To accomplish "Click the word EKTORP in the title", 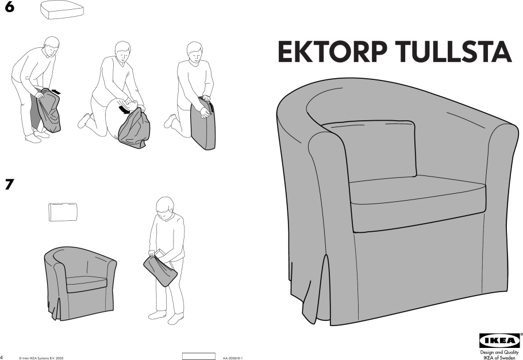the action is [333, 52].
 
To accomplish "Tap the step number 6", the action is [9, 7].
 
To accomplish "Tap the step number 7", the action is [9, 184].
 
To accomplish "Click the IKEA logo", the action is [499, 340].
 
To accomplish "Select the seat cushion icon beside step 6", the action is [61, 9].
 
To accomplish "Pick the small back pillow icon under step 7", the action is [63, 212].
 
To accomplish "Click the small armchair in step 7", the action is [80, 284].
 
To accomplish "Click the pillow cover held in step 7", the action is [160, 271].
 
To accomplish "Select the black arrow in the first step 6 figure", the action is [56, 91].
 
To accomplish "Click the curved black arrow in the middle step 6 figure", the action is [125, 109].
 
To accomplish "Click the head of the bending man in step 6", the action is [51, 46].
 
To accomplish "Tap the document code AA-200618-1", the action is [233, 358].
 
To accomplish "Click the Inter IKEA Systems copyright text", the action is [41, 358].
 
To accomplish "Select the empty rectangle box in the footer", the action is [199, 356].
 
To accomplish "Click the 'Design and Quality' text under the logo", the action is [499, 353].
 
